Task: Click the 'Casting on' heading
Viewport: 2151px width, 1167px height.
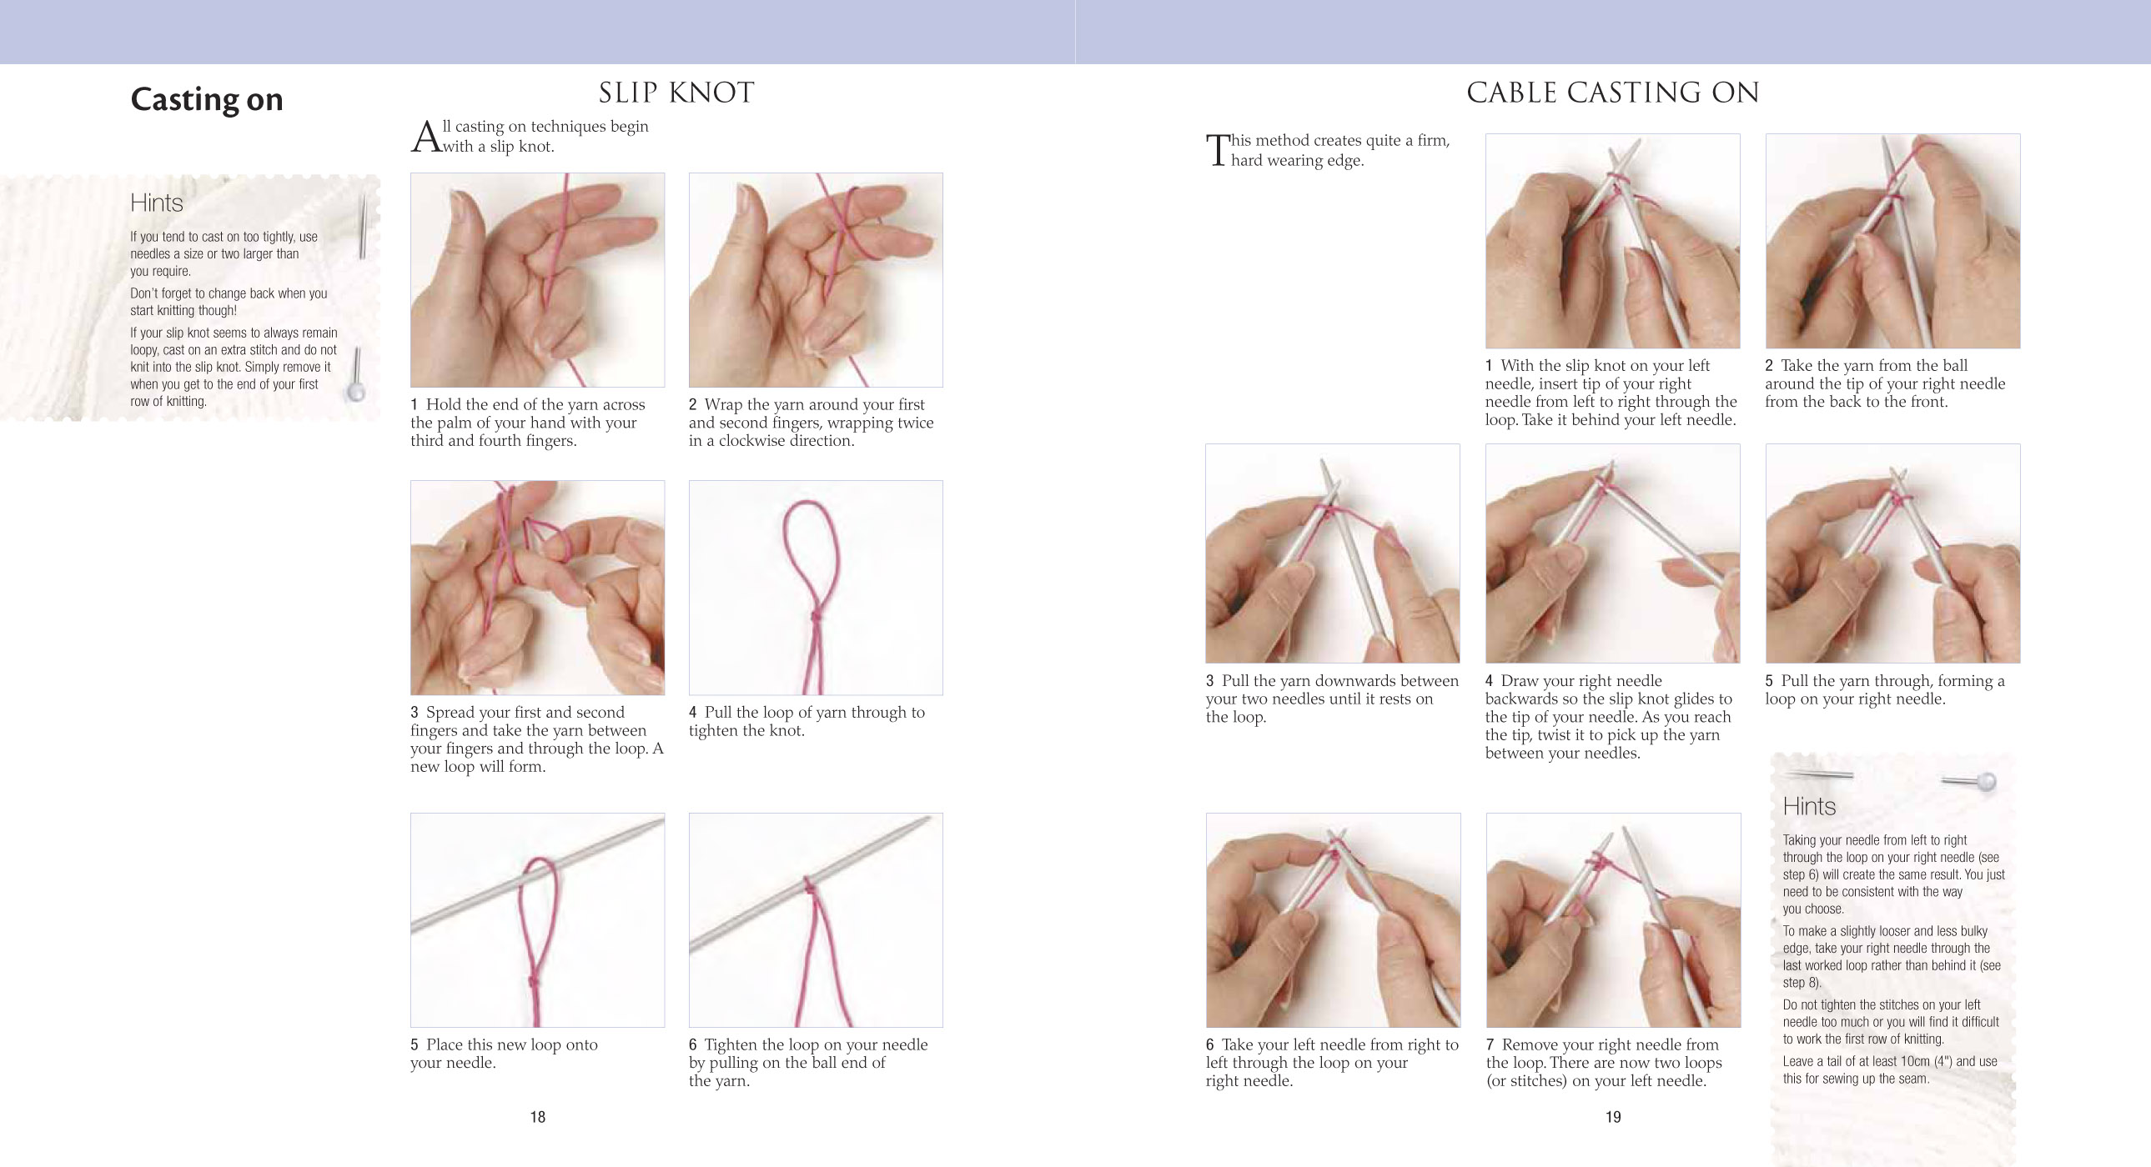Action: pyautogui.click(x=206, y=99)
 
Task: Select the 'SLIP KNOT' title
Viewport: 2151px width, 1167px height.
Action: pyautogui.click(x=676, y=93)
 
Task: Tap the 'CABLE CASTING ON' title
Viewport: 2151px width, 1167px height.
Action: pyautogui.click(x=1612, y=93)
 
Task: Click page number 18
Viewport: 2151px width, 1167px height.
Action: pyautogui.click(x=538, y=1117)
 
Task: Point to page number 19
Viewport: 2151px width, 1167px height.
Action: pyautogui.click(x=1613, y=1117)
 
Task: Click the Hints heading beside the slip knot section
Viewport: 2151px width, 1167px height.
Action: pyautogui.click(x=156, y=203)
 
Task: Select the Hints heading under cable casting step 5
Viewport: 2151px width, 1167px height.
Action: pyautogui.click(x=1809, y=806)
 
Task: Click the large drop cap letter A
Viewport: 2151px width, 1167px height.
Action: pyautogui.click(x=425, y=137)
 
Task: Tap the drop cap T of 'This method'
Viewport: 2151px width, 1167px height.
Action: pyautogui.click(x=1218, y=150)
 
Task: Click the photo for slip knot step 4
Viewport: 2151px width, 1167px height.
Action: pyautogui.click(x=816, y=588)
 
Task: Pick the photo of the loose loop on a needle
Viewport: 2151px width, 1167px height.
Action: pyautogui.click(x=538, y=920)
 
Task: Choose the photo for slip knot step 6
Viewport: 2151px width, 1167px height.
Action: pyautogui.click(x=816, y=920)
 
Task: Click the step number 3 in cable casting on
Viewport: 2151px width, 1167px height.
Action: pyautogui.click(x=1210, y=681)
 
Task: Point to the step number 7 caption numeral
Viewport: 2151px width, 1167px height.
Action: pyautogui.click(x=1490, y=1045)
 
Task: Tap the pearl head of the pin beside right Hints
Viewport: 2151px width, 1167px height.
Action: pyautogui.click(x=1987, y=781)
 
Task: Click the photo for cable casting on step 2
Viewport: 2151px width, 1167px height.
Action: pyautogui.click(x=1893, y=241)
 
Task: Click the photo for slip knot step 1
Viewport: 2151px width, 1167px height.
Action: pyautogui.click(x=538, y=279)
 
